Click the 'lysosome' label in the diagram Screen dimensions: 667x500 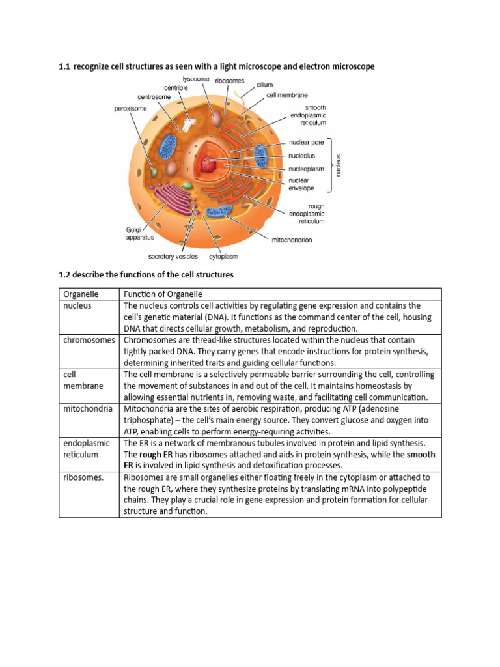[196, 79]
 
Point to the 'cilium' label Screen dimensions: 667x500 [264, 85]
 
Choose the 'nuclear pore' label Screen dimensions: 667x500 [305, 141]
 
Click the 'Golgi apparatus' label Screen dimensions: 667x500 [140, 234]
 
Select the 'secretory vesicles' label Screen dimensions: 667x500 [173, 257]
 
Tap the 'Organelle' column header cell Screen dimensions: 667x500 [80, 294]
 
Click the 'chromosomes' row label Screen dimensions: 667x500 [89, 340]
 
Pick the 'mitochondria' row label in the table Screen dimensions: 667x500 [88, 409]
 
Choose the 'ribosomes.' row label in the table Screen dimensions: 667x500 [83, 477]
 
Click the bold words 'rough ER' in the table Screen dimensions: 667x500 [156, 454]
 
